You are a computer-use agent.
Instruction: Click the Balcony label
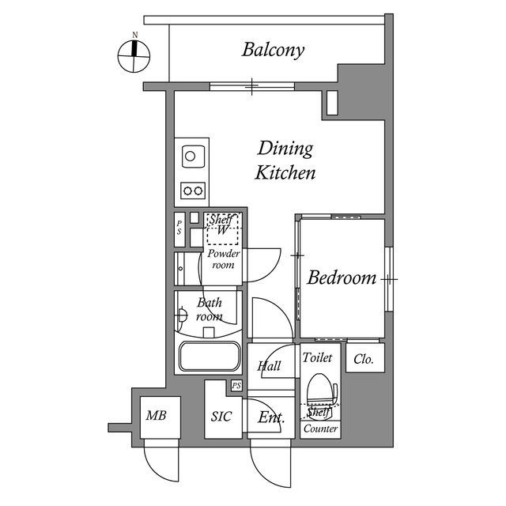(x=273, y=51)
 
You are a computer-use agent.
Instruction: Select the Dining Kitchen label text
(x=285, y=160)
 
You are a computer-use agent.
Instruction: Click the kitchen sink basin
(x=191, y=156)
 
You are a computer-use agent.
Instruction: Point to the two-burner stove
(x=193, y=190)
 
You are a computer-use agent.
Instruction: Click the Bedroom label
(x=342, y=278)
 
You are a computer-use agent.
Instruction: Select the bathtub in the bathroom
(x=210, y=357)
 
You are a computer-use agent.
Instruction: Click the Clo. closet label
(x=364, y=360)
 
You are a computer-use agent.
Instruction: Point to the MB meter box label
(x=154, y=416)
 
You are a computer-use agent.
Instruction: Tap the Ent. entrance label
(x=271, y=417)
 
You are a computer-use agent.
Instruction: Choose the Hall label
(x=269, y=366)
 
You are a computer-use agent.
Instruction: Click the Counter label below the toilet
(x=320, y=429)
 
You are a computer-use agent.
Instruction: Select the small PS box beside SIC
(x=236, y=386)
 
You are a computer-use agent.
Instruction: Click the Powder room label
(x=224, y=259)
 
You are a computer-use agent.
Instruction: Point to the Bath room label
(x=210, y=309)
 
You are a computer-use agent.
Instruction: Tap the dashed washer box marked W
(x=223, y=231)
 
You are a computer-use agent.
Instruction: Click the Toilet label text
(x=317, y=357)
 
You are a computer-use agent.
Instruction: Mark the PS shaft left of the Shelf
(x=179, y=228)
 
